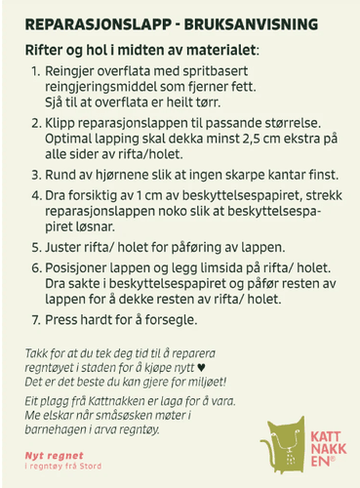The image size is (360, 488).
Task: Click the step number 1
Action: tap(36, 72)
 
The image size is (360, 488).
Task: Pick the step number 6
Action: tap(36, 267)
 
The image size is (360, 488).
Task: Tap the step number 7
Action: tap(36, 319)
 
